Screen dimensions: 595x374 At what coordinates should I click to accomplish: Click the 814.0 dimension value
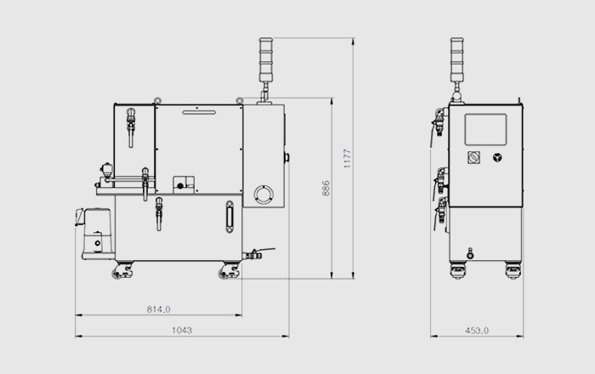pos(159,309)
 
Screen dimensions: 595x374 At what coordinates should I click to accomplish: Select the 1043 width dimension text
pos(182,331)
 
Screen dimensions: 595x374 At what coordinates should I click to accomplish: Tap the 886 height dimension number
pos(326,189)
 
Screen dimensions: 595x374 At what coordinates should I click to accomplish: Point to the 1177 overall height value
pos(347,159)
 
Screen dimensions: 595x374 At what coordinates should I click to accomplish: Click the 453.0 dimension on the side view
pos(477,331)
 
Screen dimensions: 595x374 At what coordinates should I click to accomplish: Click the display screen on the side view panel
pos(485,129)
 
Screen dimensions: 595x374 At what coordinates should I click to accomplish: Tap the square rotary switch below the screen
pos(473,157)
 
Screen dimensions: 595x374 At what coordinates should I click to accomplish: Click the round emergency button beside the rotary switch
pos(497,157)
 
